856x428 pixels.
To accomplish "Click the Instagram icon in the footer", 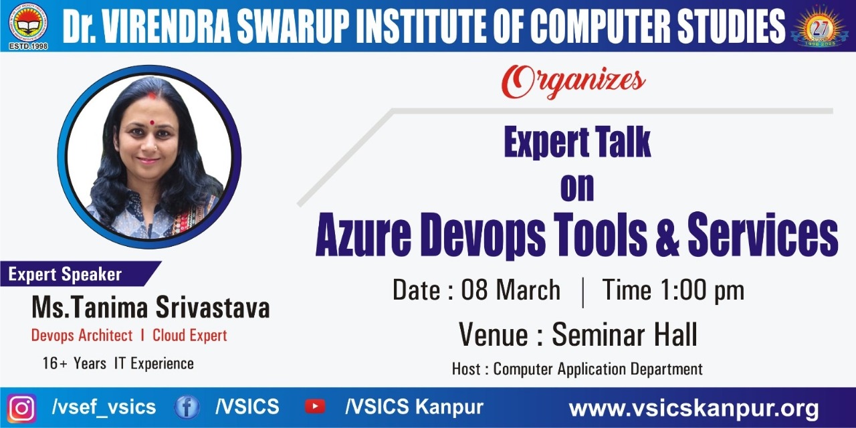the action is click(x=22, y=409).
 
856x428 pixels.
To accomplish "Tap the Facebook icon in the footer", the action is click(x=187, y=407).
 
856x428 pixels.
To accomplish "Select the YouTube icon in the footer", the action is click(x=315, y=407).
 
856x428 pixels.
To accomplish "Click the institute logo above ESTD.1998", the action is click(x=28, y=23).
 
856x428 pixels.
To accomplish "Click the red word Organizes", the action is click(x=574, y=82).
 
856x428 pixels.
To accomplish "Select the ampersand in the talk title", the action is click(x=667, y=235).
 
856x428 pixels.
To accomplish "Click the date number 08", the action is click(x=474, y=290).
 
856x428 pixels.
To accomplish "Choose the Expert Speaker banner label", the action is click(x=65, y=274).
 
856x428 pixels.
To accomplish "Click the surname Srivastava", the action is click(x=213, y=308).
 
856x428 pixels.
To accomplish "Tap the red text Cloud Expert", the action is click(x=190, y=336).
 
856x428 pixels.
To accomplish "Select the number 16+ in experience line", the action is click(x=55, y=363).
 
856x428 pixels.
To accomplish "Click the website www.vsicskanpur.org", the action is click(x=693, y=409).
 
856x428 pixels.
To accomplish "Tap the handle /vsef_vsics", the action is click(x=104, y=407).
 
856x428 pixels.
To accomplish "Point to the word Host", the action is click(x=466, y=369).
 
